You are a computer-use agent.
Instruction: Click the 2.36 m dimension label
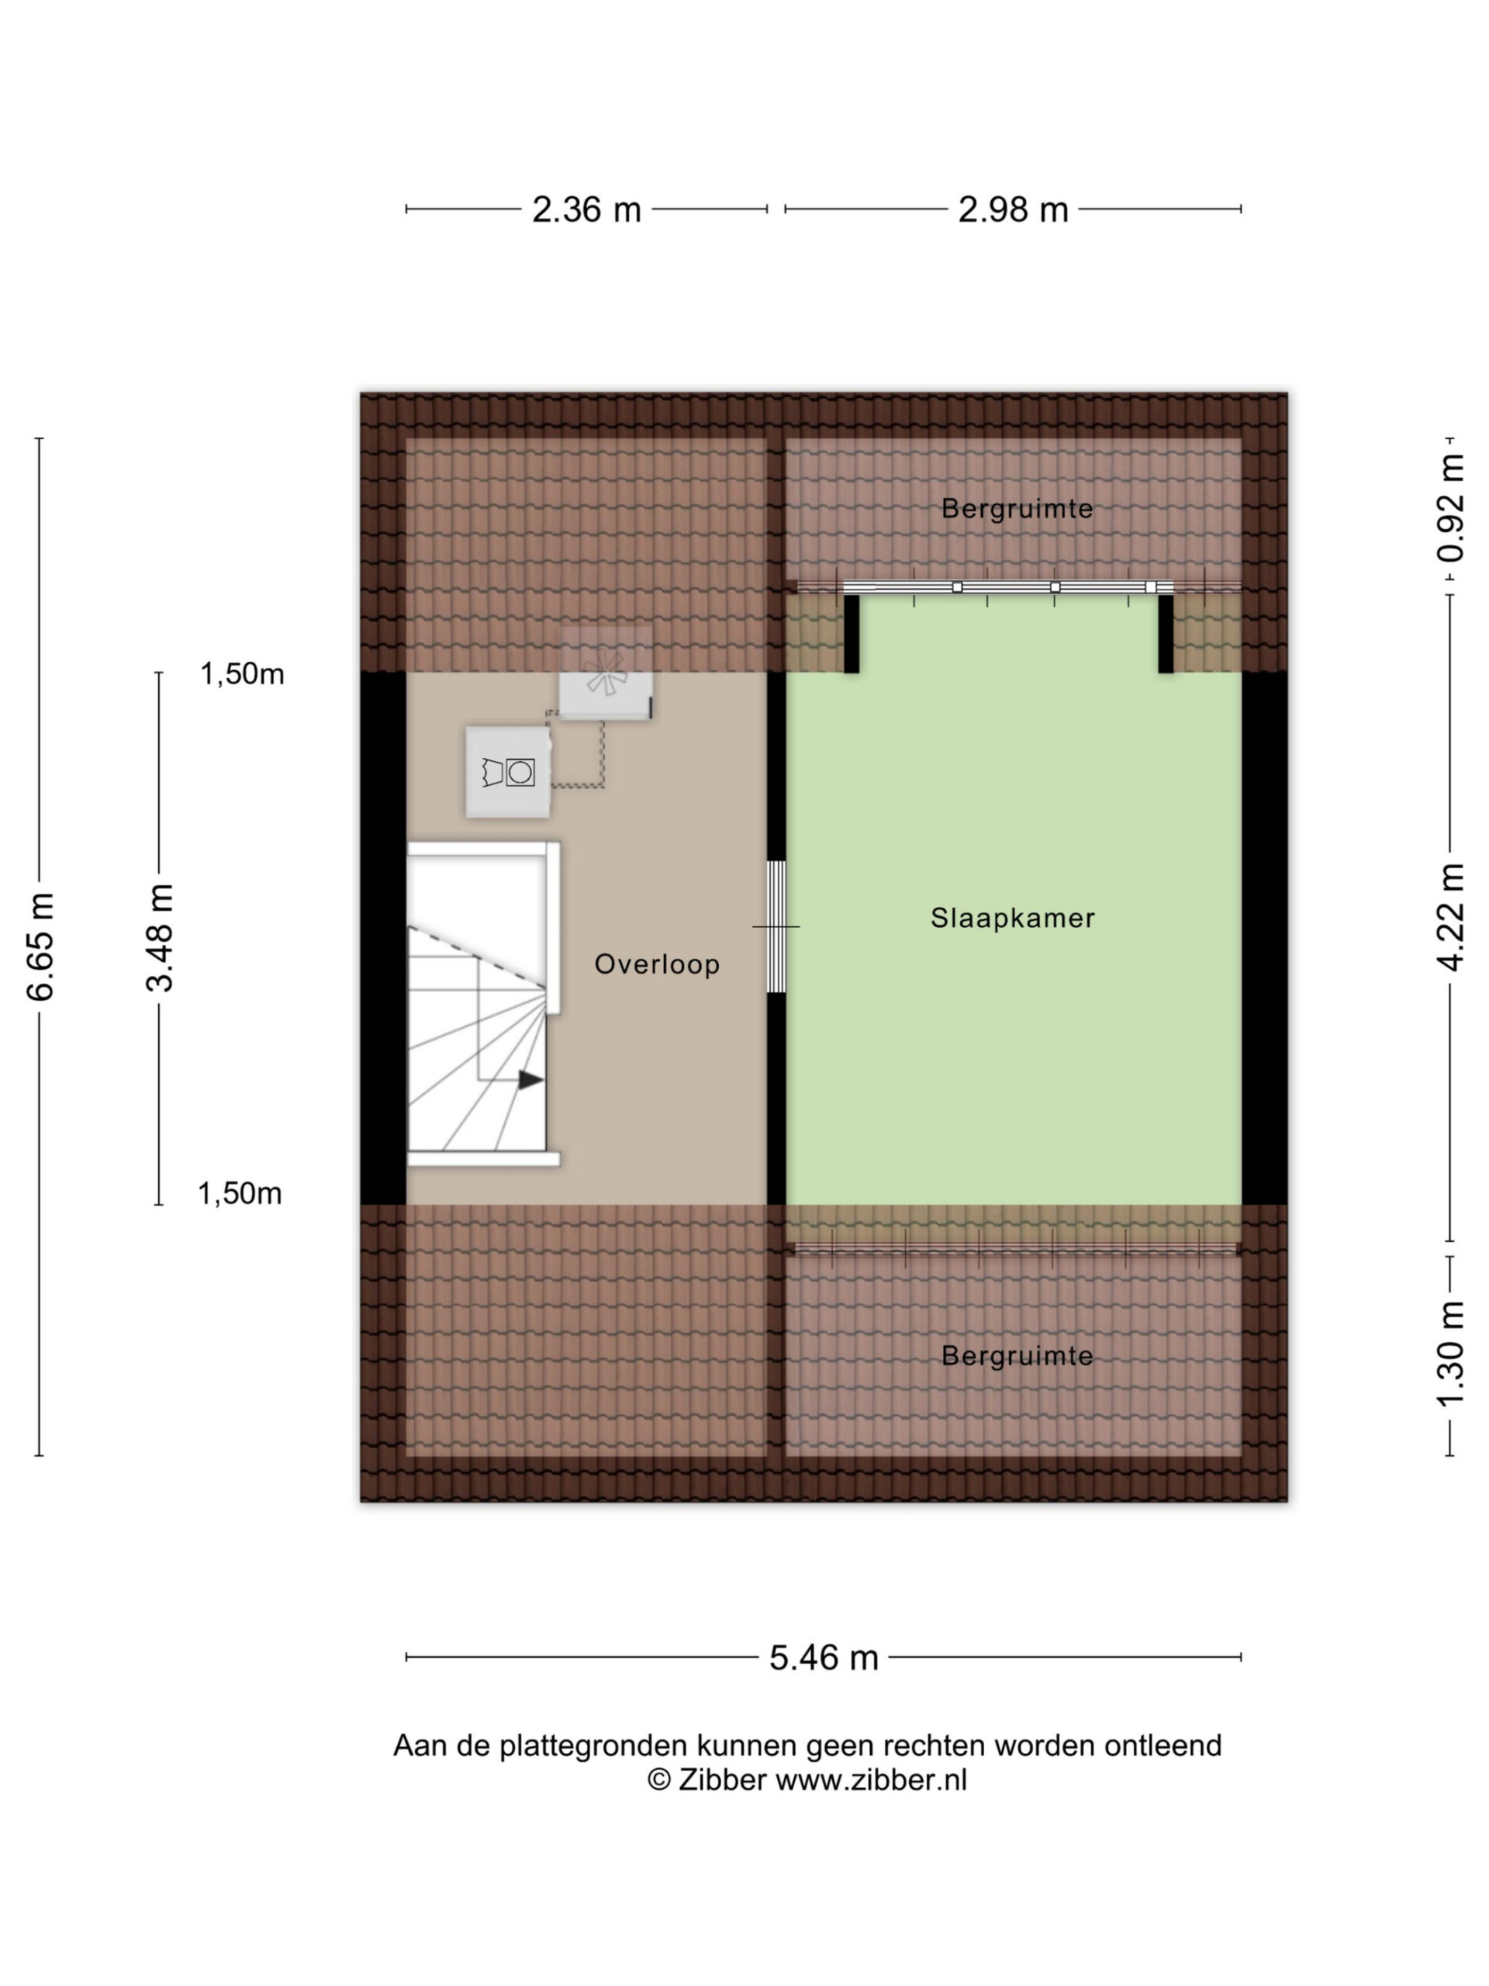pyautogui.click(x=586, y=209)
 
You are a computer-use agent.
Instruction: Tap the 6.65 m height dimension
pyautogui.click(x=41, y=946)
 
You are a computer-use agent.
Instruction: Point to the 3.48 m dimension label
pyautogui.click(x=160, y=936)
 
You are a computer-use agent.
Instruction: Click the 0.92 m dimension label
pyautogui.click(x=1449, y=508)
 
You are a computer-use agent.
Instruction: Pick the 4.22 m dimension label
pyautogui.click(x=1449, y=917)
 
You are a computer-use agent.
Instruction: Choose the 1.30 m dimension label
pyautogui.click(x=1449, y=1353)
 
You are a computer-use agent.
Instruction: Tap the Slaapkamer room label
pyautogui.click(x=1012, y=918)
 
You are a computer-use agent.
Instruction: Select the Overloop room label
pyautogui.click(x=657, y=964)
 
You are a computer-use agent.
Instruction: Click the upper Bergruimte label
pyautogui.click(x=1017, y=508)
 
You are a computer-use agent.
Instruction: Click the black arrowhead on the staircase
pyautogui.click(x=530, y=1079)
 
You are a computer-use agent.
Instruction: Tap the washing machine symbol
pyautogui.click(x=507, y=772)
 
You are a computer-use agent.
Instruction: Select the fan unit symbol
pyautogui.click(x=606, y=673)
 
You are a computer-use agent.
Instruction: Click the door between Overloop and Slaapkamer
pyautogui.click(x=776, y=926)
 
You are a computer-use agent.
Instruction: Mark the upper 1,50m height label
pyautogui.click(x=241, y=673)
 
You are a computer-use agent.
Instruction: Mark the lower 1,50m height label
pyautogui.click(x=240, y=1193)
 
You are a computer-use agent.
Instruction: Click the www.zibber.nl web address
pyautogui.click(x=871, y=1780)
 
